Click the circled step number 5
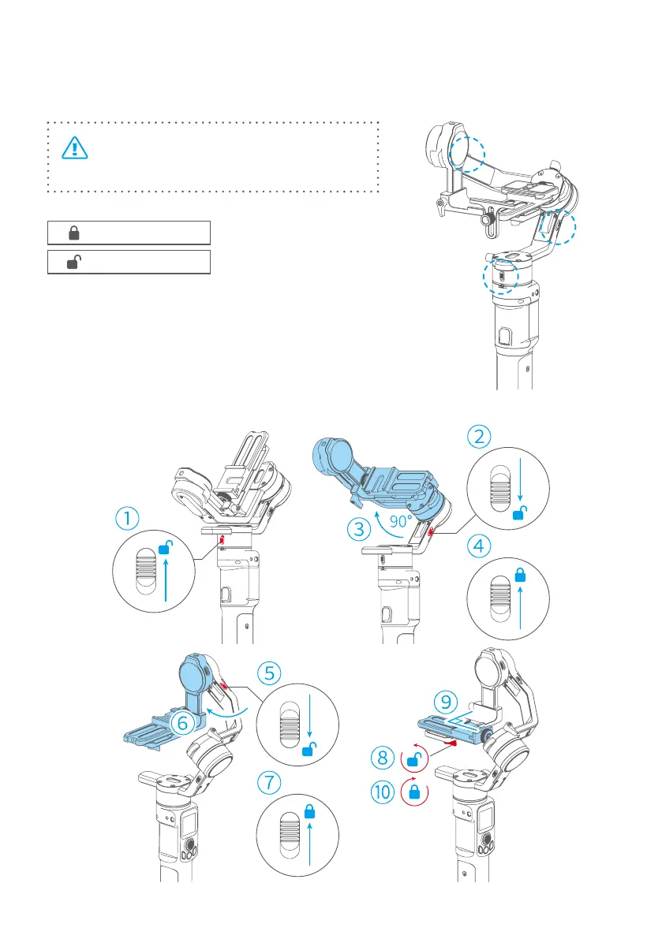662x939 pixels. pos(269,674)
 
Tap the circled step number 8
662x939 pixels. pos(383,759)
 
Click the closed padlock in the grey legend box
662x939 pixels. pos(74,233)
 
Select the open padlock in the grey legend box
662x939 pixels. pos(73,263)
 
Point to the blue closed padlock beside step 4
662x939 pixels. pos(521,576)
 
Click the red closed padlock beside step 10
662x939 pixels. pos(416,792)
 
